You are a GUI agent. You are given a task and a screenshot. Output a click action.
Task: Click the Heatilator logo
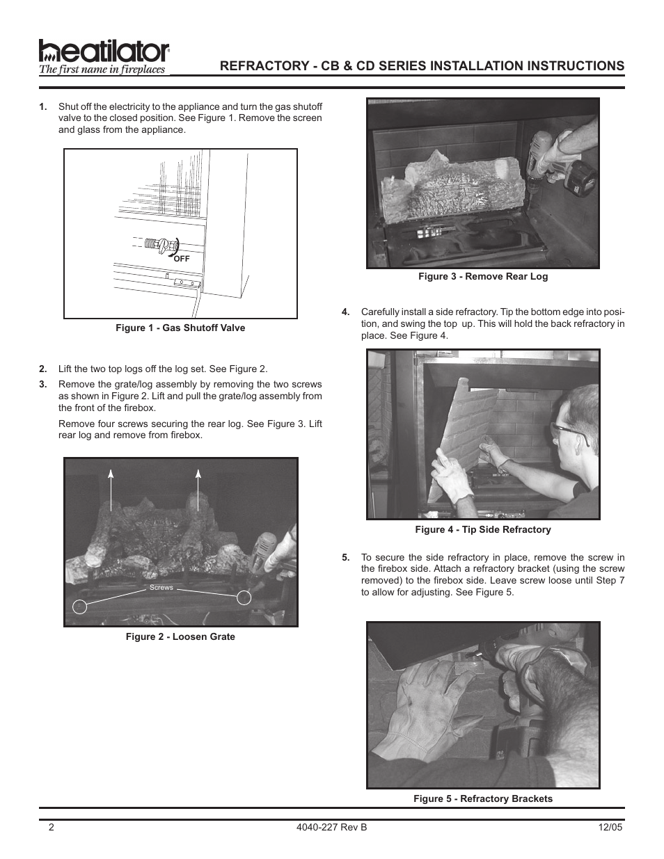(104, 56)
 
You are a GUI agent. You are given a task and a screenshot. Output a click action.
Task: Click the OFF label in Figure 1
(182, 258)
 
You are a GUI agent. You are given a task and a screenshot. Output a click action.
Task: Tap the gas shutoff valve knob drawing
(165, 245)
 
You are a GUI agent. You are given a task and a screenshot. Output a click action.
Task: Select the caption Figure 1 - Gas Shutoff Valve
(180, 328)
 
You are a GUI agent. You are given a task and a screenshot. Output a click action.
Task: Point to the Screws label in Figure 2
(161, 588)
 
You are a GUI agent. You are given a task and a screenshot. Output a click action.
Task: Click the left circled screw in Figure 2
(81, 606)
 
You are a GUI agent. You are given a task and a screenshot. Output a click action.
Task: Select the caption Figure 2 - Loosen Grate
(180, 636)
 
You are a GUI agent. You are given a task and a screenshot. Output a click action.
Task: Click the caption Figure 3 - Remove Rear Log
(483, 276)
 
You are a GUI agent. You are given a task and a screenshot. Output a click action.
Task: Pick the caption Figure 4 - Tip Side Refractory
(483, 529)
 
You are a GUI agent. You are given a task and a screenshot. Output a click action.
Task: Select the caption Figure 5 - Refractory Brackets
(483, 798)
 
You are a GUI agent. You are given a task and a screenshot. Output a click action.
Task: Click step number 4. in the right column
(345, 312)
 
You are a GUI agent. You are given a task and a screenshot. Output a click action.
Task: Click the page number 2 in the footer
(51, 826)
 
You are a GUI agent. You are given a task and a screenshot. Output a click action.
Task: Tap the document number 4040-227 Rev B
(331, 826)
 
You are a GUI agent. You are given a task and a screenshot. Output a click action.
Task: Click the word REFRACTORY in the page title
(258, 65)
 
